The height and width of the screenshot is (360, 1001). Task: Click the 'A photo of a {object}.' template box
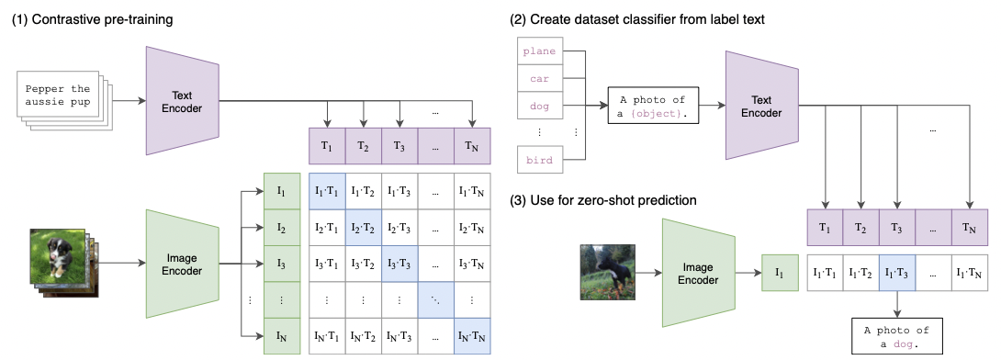[653, 106]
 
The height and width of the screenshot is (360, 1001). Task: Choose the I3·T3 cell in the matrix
[399, 263]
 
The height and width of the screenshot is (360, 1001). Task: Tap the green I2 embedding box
[281, 227]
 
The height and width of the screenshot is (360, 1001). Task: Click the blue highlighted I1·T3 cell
[896, 272]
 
